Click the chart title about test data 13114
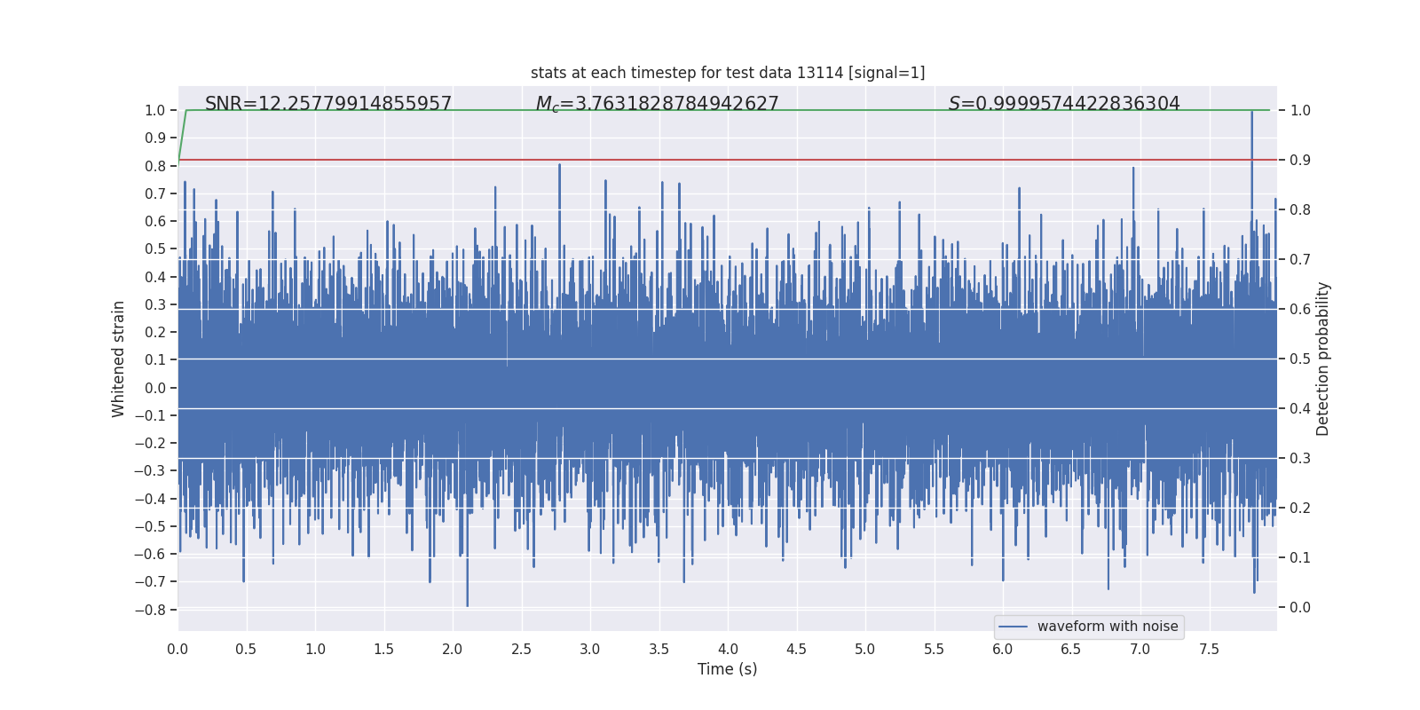[728, 73]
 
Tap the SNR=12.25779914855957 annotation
[328, 104]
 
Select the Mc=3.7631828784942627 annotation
[657, 104]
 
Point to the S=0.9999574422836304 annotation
[1064, 104]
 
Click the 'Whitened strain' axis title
[119, 359]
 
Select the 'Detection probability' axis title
[1323, 359]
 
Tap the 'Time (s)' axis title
[727, 669]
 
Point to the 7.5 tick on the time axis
[1209, 649]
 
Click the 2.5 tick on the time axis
[521, 649]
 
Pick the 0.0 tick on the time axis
[177, 649]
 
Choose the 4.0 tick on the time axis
[728, 649]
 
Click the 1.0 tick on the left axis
[155, 110]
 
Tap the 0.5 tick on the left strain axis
[155, 249]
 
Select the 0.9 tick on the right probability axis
[1300, 160]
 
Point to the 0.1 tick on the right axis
[1300, 557]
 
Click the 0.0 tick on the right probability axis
[1300, 607]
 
